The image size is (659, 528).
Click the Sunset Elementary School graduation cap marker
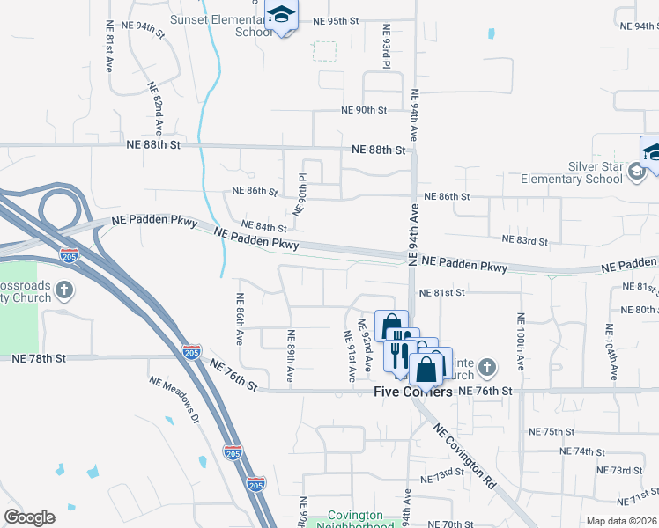click(282, 15)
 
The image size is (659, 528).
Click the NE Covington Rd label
click(464, 454)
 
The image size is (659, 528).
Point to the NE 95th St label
click(336, 20)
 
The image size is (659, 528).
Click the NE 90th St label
click(365, 110)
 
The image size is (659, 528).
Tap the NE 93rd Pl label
click(386, 46)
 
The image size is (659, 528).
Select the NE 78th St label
click(40, 359)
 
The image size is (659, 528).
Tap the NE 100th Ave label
click(521, 340)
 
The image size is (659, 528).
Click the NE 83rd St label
click(524, 240)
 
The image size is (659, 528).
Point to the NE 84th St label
click(265, 227)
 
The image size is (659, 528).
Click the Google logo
click(29, 517)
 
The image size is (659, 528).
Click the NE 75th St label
click(552, 432)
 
